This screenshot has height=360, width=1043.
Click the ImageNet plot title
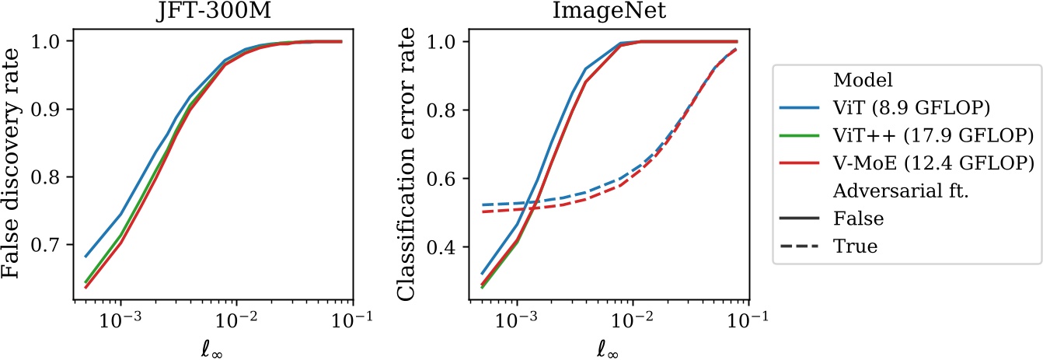coord(610,13)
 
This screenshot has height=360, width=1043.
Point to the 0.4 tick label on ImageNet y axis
coord(452,247)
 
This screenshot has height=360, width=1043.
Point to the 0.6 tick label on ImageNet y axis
coord(452,179)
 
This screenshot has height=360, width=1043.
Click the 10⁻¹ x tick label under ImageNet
coord(747,321)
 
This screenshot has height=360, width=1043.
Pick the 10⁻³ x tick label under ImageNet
coord(517,321)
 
